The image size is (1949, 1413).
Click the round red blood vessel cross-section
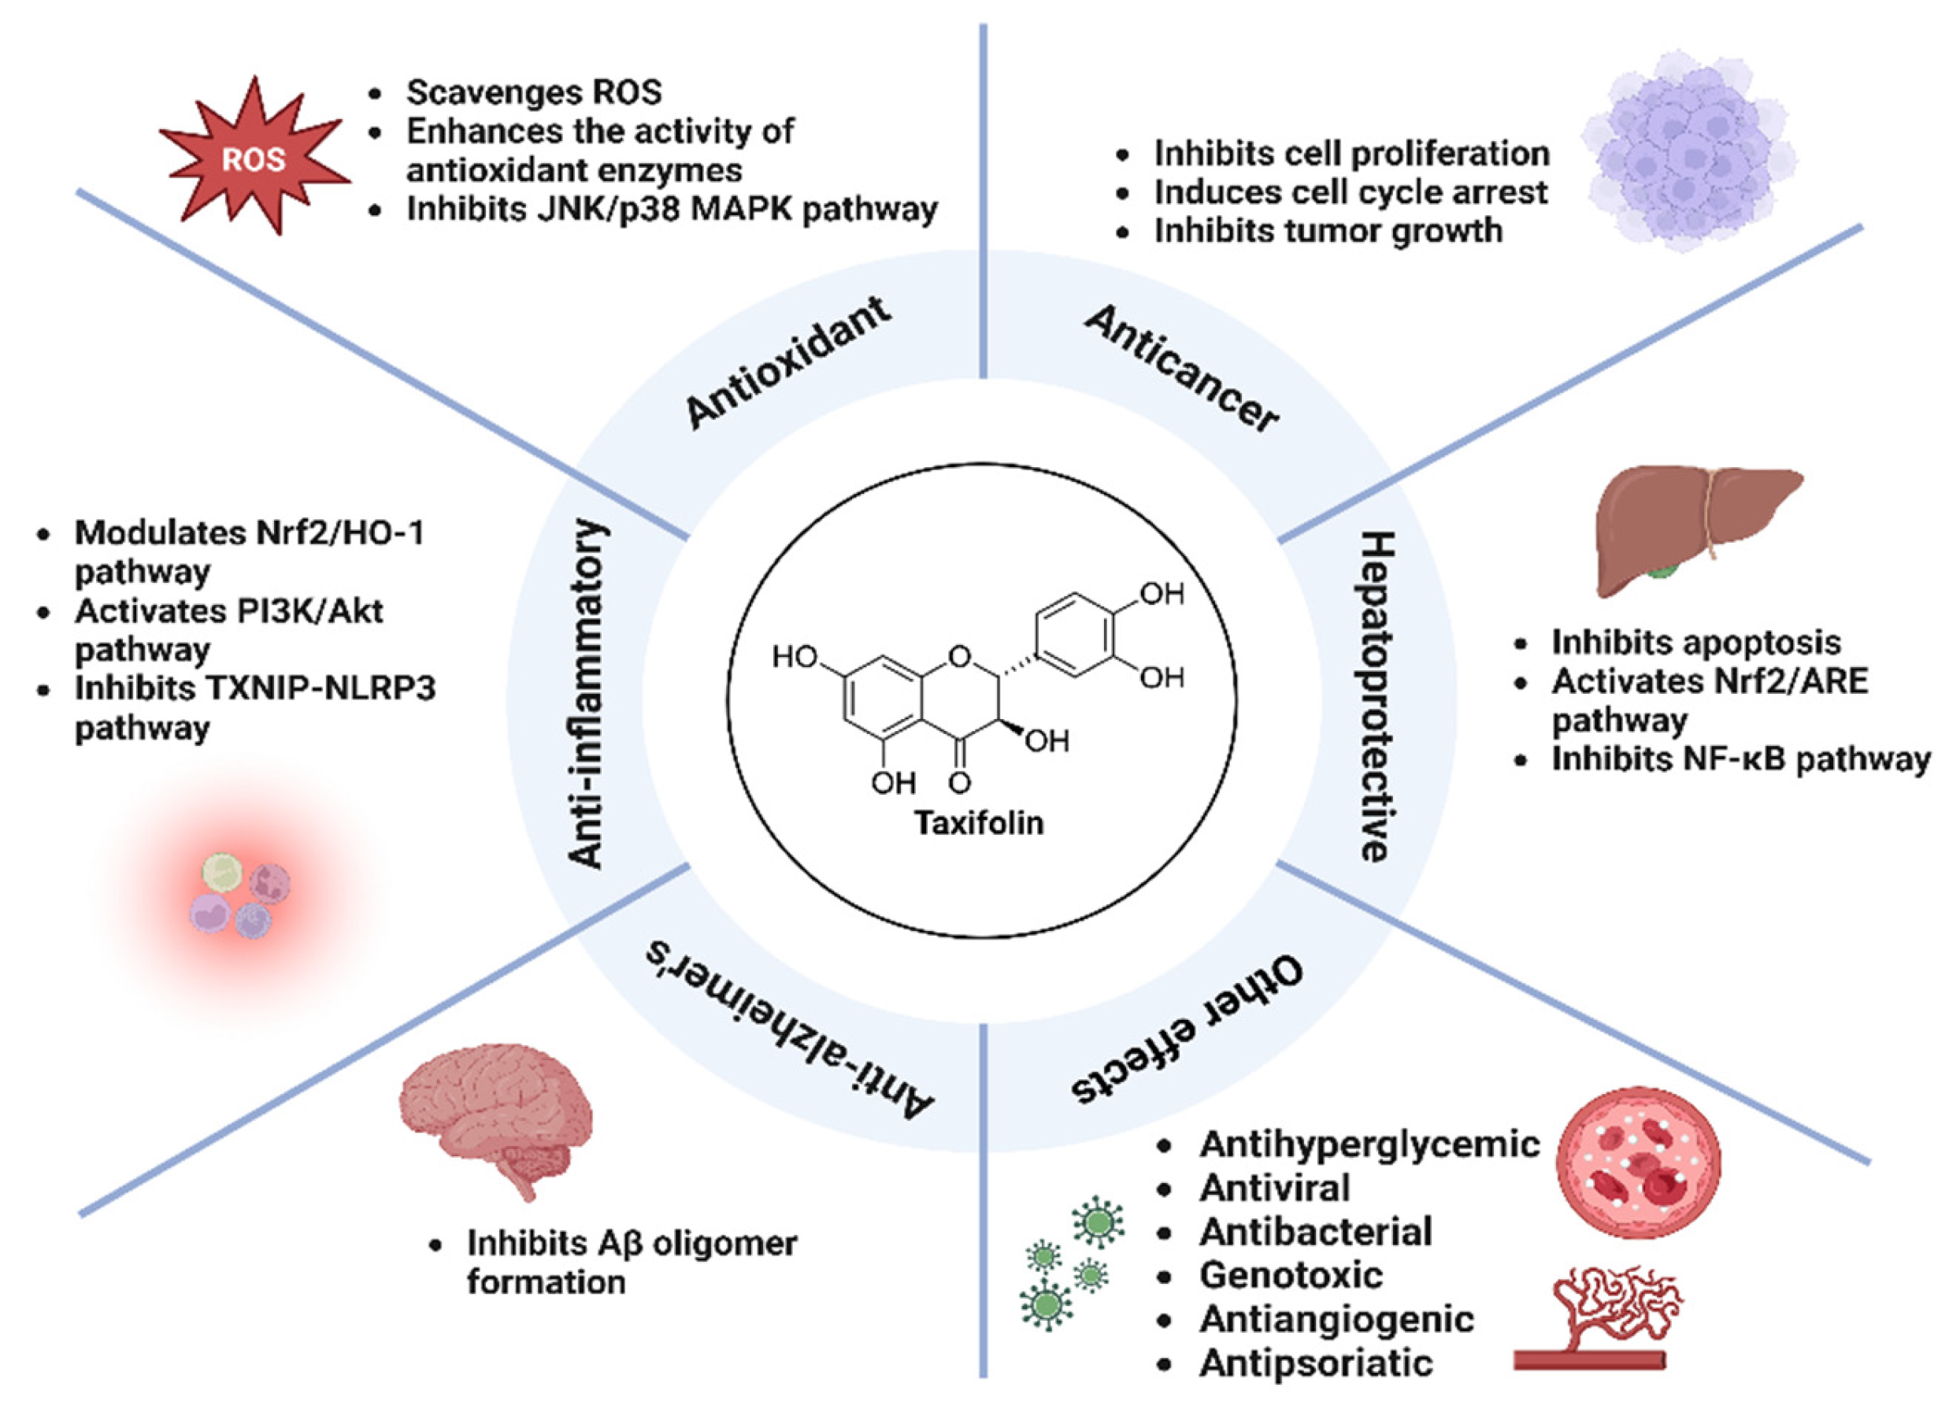tap(1639, 1161)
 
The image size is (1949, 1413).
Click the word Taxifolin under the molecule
tap(979, 822)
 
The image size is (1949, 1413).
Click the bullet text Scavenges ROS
tap(534, 92)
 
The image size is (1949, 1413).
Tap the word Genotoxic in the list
tap(1291, 1274)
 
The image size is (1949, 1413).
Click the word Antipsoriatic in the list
tap(1316, 1363)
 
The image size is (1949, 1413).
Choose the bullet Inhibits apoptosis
tap(1695, 642)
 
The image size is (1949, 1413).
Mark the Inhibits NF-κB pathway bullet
tap(1740, 759)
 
